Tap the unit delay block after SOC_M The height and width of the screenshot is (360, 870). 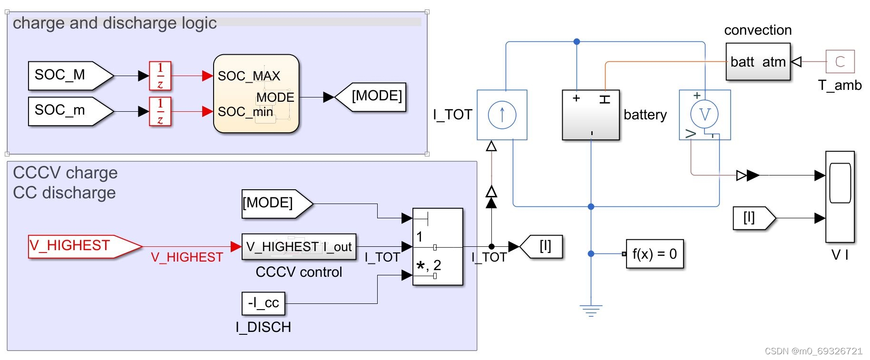[x=160, y=76]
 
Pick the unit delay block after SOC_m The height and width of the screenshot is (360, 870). [x=160, y=111]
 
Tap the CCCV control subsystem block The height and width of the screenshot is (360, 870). [x=299, y=247]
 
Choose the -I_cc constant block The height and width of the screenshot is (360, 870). [x=264, y=303]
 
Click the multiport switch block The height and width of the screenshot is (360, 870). [x=438, y=246]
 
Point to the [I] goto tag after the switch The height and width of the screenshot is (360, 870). [x=542, y=247]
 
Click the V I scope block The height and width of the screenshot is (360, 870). [x=840, y=196]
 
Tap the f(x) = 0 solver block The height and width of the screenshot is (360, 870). [x=655, y=254]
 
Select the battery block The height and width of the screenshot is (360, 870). [x=591, y=115]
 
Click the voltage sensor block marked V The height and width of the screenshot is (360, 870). [x=704, y=115]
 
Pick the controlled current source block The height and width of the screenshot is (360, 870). [x=502, y=115]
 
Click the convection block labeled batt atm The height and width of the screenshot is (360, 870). [x=758, y=62]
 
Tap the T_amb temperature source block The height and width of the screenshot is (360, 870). [x=840, y=62]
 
